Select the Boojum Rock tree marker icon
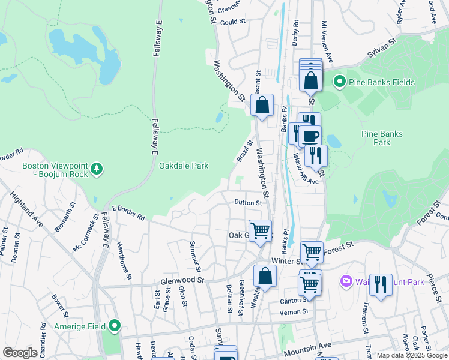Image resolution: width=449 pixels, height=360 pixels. (x=98, y=170)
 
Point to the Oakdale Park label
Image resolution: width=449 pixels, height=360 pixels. (x=184, y=166)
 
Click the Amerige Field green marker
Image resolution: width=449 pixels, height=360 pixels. (x=115, y=326)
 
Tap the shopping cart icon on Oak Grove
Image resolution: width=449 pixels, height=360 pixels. (x=261, y=230)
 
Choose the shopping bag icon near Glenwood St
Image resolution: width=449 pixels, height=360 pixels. (x=264, y=277)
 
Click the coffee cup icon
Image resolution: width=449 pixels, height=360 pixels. (x=310, y=136)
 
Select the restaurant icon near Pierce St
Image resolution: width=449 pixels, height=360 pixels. (x=380, y=284)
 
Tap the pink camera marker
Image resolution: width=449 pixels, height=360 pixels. (x=346, y=280)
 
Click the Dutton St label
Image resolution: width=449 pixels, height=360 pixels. (x=248, y=203)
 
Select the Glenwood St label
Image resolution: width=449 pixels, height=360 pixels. (x=182, y=280)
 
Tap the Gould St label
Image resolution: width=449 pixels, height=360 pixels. (x=233, y=22)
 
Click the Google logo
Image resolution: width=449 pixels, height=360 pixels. (x=19, y=353)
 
